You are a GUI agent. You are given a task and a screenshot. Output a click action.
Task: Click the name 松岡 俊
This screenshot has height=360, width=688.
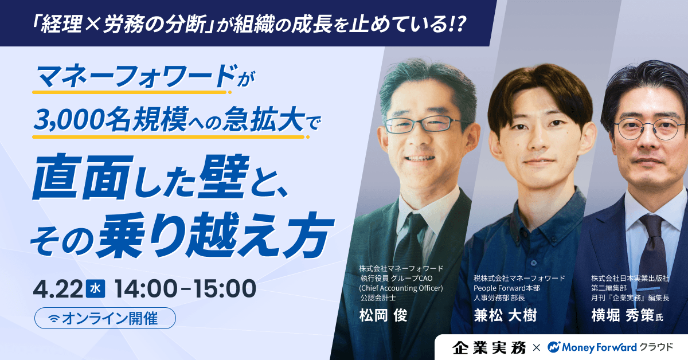(383, 316)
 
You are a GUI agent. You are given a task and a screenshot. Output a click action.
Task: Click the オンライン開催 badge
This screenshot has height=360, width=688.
(105, 319)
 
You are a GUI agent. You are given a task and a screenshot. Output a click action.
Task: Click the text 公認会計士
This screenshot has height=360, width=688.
(378, 298)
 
